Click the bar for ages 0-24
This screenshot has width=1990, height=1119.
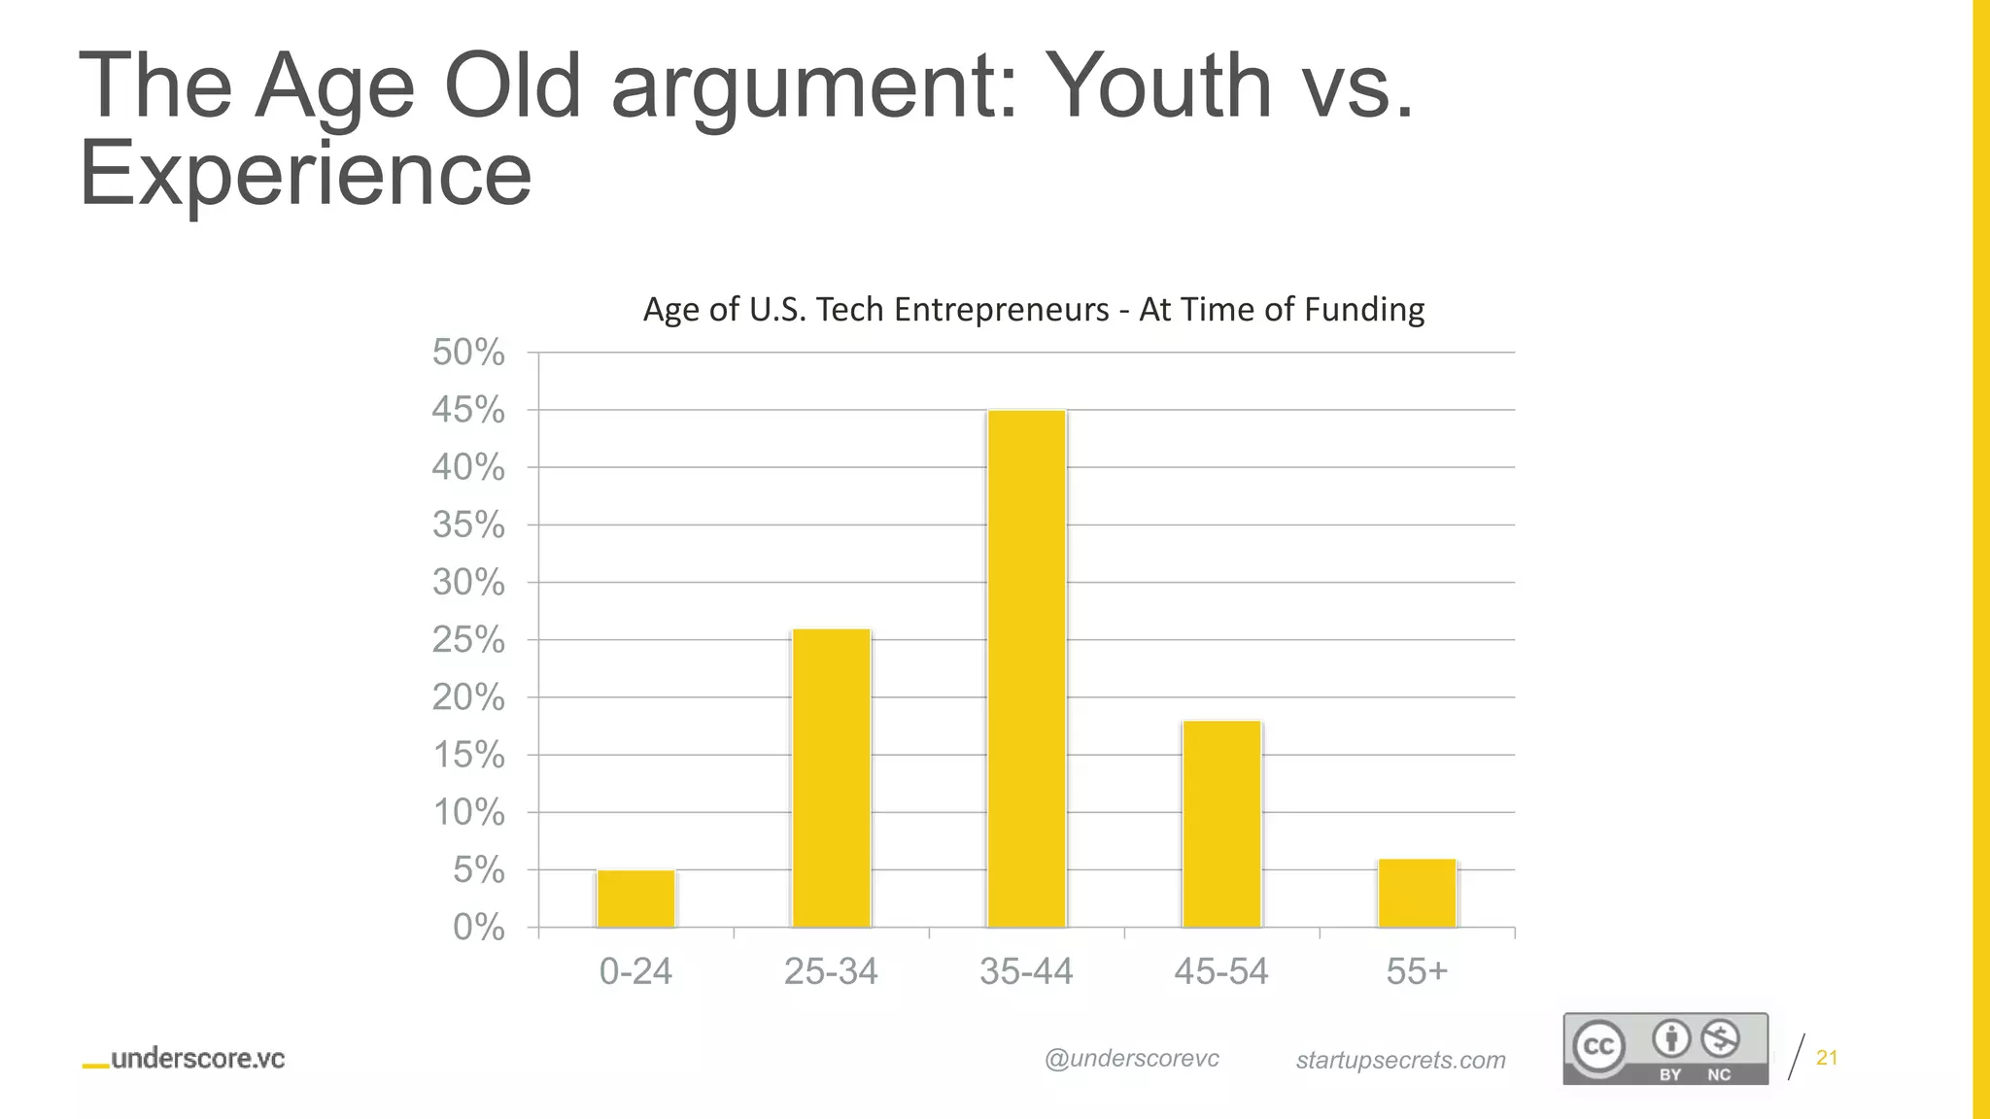pos(636,899)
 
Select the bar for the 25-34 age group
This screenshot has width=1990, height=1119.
pos(832,778)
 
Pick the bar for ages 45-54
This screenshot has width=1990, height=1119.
pos(1221,824)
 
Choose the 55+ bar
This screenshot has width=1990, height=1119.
pos(1418,893)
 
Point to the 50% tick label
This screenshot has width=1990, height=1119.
pos(468,353)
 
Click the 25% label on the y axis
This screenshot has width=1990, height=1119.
pos(468,640)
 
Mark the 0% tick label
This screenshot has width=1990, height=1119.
pos(478,928)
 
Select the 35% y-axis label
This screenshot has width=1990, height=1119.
pos(468,526)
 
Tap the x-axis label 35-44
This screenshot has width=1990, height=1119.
pos(1026,971)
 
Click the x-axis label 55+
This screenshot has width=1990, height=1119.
pos(1417,971)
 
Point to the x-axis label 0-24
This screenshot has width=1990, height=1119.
pos(635,971)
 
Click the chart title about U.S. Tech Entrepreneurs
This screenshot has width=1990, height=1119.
pos(1034,310)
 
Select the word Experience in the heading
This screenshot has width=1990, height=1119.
pos(305,173)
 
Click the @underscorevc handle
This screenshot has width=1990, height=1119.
pos(1132,1059)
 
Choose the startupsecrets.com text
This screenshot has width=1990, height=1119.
pos(1400,1060)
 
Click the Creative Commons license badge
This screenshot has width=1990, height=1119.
pos(1664,1048)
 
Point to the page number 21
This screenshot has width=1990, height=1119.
pos(1827,1058)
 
